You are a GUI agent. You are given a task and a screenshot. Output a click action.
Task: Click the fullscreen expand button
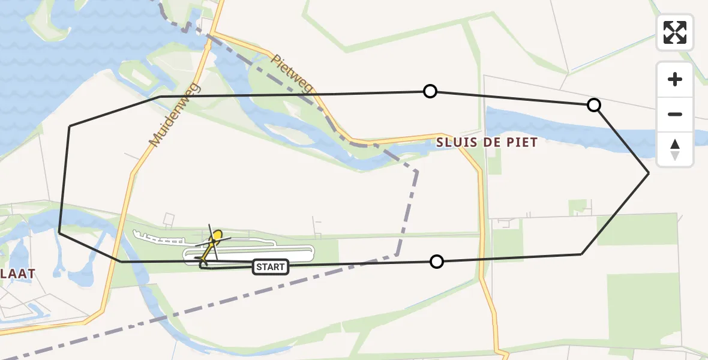click(x=675, y=32)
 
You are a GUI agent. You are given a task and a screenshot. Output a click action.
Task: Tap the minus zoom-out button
click(x=675, y=114)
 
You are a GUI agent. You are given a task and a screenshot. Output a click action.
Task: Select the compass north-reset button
click(x=675, y=149)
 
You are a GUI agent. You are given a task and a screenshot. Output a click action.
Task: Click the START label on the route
click(x=271, y=267)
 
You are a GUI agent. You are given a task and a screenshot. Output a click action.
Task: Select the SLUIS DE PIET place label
click(x=487, y=142)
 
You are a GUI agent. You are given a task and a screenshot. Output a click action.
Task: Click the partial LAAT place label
click(x=18, y=273)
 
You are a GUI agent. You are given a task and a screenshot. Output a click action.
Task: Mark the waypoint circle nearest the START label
click(x=437, y=262)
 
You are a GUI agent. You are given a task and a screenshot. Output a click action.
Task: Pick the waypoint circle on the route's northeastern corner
click(x=593, y=106)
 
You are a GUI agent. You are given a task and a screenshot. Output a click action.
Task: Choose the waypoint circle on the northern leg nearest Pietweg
click(x=430, y=91)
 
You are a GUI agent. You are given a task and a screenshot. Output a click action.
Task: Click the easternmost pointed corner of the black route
click(x=649, y=173)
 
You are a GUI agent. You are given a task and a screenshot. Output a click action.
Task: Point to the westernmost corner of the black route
click(x=59, y=232)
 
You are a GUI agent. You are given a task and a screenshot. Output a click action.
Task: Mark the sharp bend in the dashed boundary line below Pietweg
click(x=416, y=172)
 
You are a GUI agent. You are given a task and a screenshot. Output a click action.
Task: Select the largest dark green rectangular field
click(x=642, y=309)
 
